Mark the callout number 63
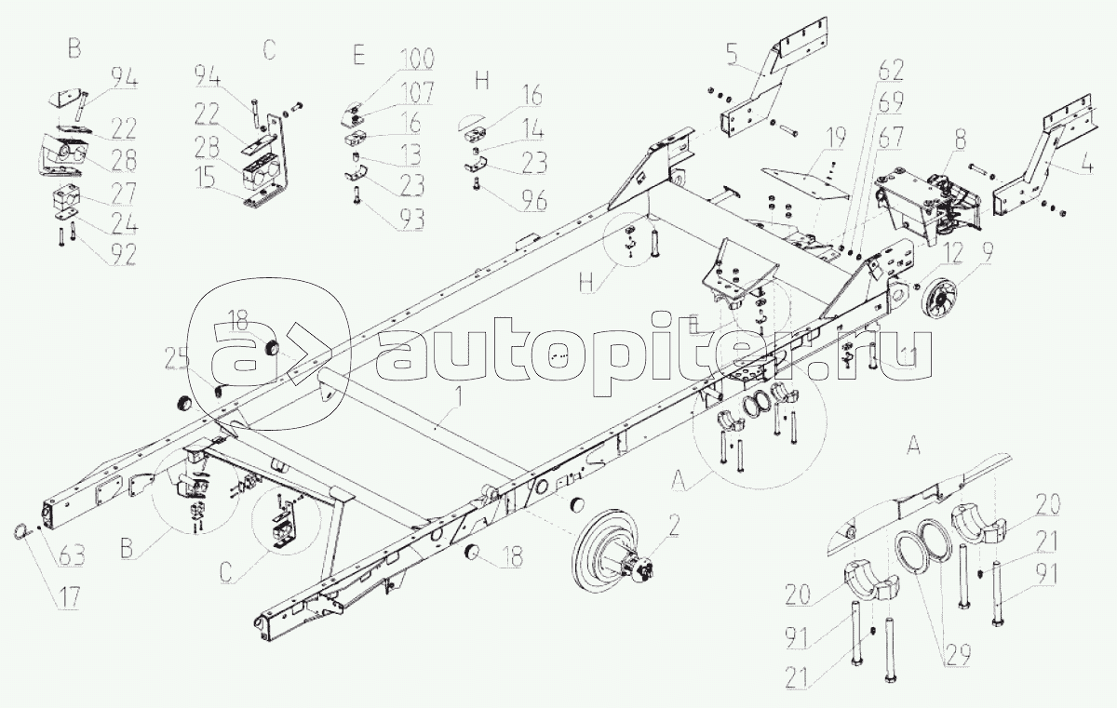coord(71,557)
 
